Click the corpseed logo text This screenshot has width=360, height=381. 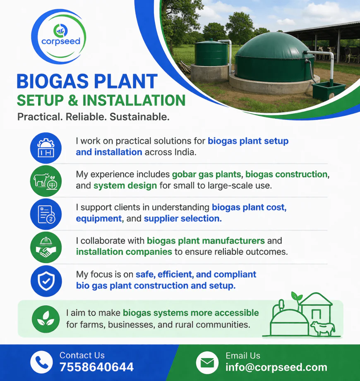click(61, 41)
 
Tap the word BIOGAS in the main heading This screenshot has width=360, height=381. click(53, 81)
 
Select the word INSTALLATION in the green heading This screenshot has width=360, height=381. click(134, 101)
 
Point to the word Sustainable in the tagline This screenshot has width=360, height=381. click(139, 117)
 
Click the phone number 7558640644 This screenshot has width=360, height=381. click(96, 367)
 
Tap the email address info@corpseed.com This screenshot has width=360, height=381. click(276, 367)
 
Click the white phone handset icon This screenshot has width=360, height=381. click(41, 362)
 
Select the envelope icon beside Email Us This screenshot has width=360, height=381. click(207, 363)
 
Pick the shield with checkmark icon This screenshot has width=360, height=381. click(46, 281)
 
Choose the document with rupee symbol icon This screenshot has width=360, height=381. click(46, 214)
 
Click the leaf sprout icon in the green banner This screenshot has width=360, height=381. click(46, 319)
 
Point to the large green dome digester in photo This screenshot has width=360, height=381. click(274, 58)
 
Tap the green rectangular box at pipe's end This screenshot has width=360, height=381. click(329, 91)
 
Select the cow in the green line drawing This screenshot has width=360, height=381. click(323, 328)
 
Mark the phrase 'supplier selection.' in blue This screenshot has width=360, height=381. click(183, 218)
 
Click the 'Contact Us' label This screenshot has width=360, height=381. click(82, 355)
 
